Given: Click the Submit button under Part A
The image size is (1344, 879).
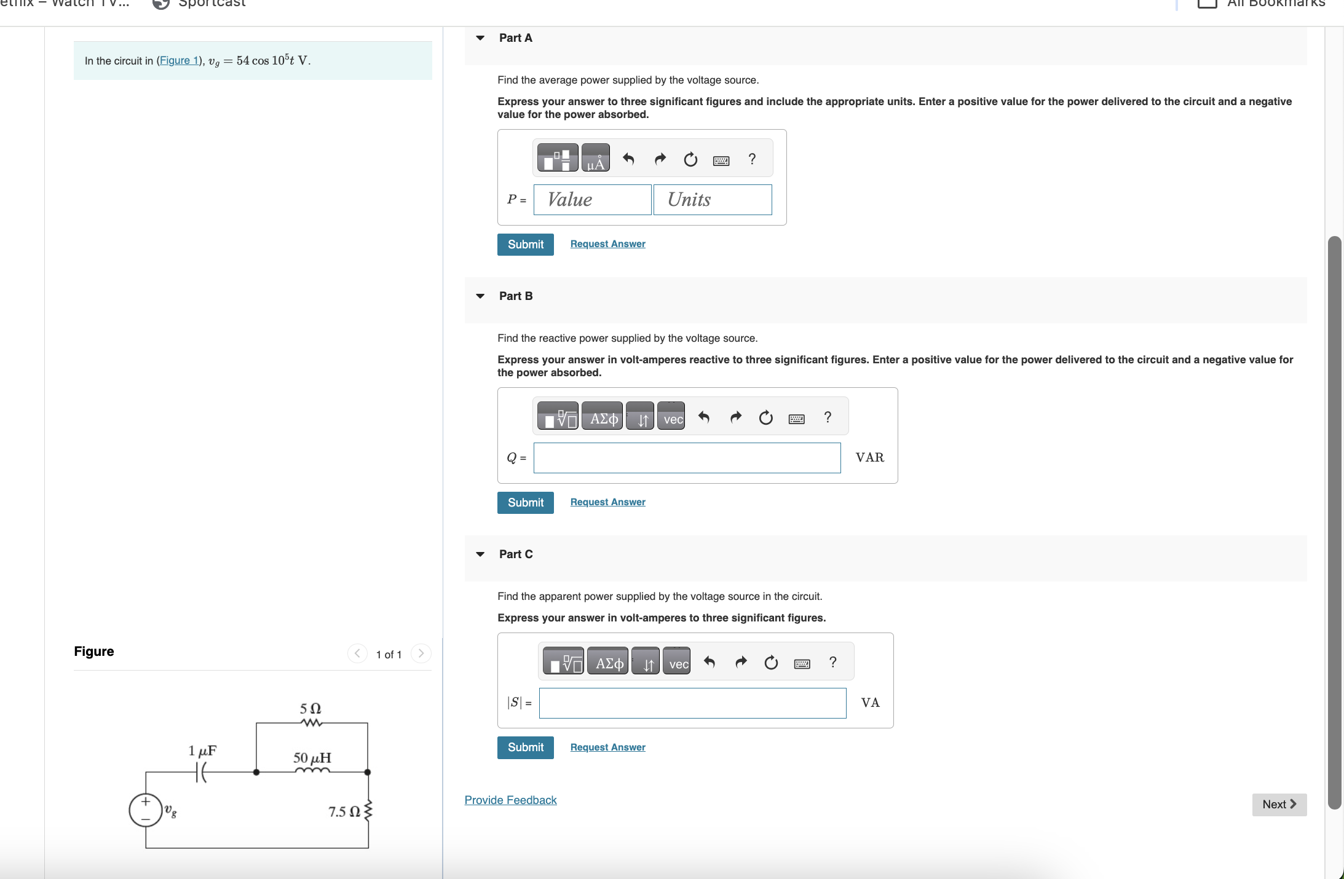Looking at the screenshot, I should coord(525,245).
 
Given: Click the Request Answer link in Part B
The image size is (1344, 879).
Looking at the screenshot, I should coord(607,502).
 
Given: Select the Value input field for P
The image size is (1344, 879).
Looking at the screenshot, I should coord(592,200).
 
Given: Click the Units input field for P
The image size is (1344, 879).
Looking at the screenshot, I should coord(712,200).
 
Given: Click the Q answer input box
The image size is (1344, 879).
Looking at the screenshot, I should coord(687,458).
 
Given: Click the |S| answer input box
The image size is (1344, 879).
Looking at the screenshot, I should coord(692,703).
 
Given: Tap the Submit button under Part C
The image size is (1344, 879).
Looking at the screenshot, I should coord(525,747).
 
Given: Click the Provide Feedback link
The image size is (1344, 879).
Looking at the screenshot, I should coord(510,800).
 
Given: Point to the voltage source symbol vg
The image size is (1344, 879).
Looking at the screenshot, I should coord(146,810).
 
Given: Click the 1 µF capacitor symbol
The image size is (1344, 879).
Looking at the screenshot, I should coord(201,772).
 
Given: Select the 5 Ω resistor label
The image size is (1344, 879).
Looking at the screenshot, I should coord(310,709).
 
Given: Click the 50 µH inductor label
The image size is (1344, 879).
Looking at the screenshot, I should coord(312,758).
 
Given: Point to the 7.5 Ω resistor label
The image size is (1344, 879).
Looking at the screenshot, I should coord(344,812).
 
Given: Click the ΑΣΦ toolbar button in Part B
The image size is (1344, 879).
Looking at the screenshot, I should coord(603,419).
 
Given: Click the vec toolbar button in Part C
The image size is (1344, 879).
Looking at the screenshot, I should coord(678,663).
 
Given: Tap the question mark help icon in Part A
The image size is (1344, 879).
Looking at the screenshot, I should coord(751,159).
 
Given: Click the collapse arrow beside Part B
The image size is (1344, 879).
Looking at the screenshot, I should coord(480,296).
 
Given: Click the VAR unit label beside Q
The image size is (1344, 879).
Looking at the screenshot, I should coord(869,457).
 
